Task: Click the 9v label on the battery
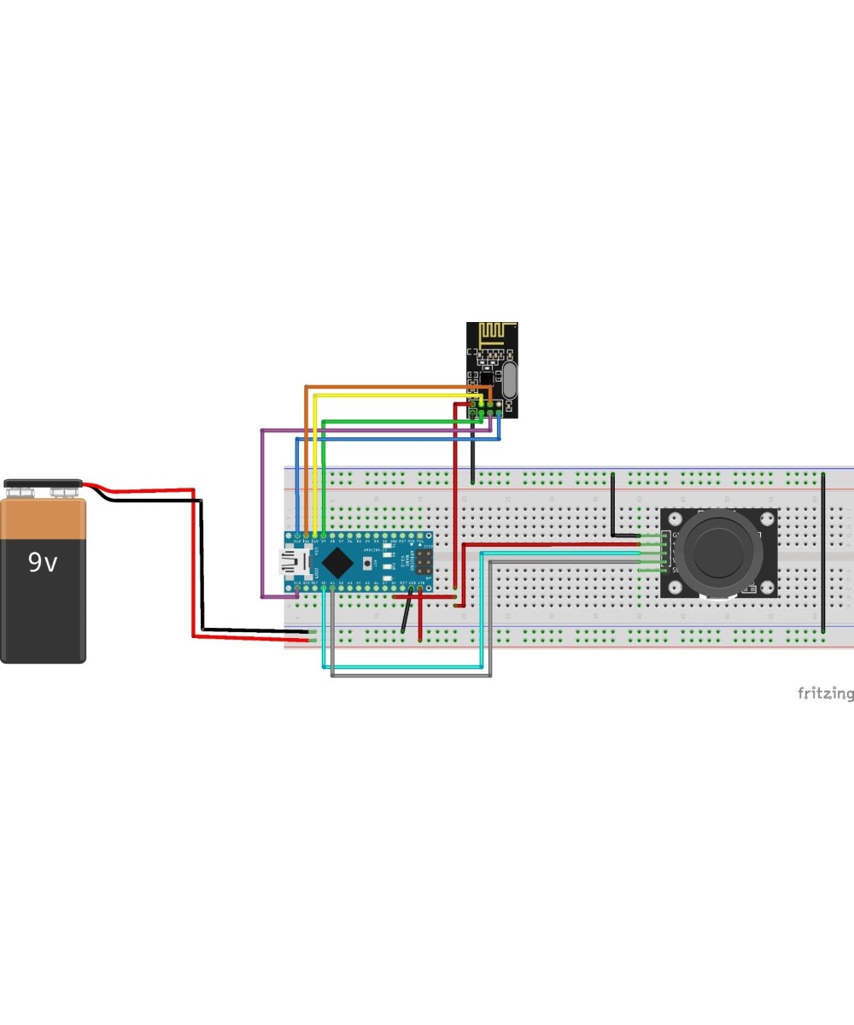(x=43, y=562)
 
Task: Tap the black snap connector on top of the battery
(x=43, y=484)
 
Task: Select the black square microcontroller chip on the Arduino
(x=339, y=562)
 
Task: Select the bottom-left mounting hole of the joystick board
(x=672, y=587)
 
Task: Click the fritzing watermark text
(x=824, y=693)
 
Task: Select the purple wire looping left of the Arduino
(x=261, y=512)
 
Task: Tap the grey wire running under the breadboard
(x=410, y=676)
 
